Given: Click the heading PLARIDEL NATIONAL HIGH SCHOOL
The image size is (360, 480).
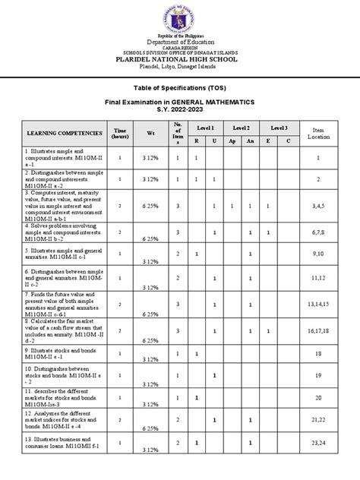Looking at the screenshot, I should tap(180, 58).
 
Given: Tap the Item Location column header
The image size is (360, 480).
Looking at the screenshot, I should tap(319, 133).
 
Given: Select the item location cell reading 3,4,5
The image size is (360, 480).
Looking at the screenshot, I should tap(319, 205).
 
